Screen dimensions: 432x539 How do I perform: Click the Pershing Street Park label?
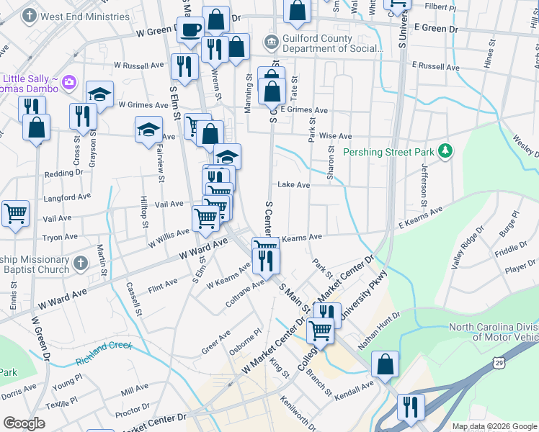(x=388, y=152)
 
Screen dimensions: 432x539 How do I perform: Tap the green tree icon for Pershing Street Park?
(x=447, y=150)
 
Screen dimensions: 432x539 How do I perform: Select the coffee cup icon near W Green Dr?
(x=191, y=30)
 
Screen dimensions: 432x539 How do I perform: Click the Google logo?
(x=24, y=423)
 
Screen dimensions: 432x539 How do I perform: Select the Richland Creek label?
(x=104, y=348)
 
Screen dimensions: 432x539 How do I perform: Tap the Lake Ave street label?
(x=294, y=185)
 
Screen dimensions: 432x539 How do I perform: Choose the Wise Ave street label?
(x=335, y=136)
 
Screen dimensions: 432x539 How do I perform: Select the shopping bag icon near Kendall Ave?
(x=386, y=365)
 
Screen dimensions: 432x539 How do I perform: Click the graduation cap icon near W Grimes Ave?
(x=99, y=94)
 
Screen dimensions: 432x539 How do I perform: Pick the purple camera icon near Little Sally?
(x=69, y=80)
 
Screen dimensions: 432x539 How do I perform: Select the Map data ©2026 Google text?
(x=494, y=426)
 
